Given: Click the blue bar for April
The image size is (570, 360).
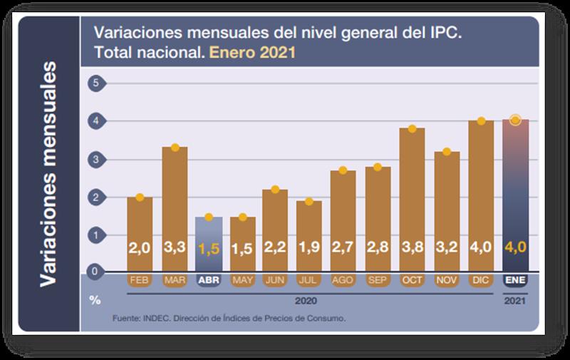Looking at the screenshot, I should (209, 242).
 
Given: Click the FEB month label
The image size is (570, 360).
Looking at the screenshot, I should (140, 280).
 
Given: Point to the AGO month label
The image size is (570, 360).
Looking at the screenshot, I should (343, 280).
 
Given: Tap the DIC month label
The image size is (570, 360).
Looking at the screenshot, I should (481, 280).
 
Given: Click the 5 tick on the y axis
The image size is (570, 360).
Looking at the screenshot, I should (93, 84).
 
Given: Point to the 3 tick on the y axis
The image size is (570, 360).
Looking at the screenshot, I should (93, 159).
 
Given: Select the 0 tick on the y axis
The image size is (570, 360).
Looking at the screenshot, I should (93, 272).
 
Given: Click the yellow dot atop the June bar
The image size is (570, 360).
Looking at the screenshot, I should (274, 190).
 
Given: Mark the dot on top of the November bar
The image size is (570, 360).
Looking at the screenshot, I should (447, 152).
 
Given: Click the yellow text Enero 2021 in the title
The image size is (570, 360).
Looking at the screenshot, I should (253, 53).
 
